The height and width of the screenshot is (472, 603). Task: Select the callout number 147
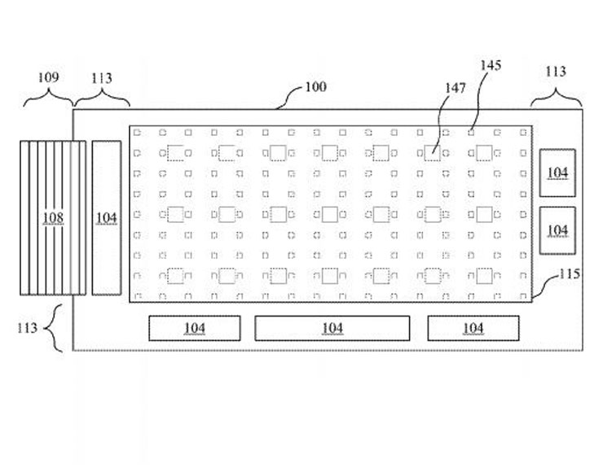(456, 88)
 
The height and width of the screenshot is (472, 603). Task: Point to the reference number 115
(569, 273)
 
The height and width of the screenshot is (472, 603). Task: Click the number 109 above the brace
(48, 77)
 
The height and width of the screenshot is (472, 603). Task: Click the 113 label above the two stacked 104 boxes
(556, 72)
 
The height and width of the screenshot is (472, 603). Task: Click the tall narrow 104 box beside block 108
(107, 217)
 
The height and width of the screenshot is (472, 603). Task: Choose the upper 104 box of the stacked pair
(558, 172)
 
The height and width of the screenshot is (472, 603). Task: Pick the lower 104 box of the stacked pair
(558, 230)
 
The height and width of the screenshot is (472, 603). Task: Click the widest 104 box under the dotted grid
(332, 328)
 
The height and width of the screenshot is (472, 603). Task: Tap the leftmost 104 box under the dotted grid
(194, 328)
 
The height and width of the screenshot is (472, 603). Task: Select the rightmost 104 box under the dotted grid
(473, 328)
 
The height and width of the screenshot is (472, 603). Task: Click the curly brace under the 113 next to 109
(102, 100)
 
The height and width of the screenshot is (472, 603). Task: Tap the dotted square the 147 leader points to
(433, 152)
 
